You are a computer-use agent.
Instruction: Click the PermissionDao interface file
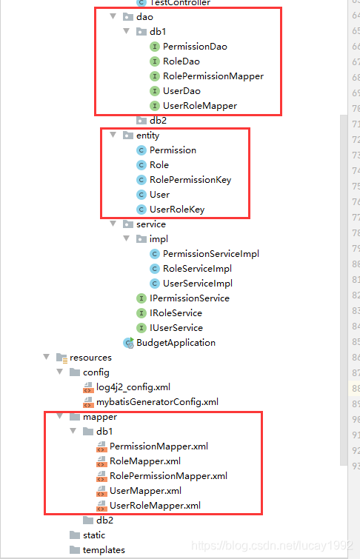[x=194, y=47]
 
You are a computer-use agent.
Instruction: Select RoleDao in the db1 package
[x=181, y=61]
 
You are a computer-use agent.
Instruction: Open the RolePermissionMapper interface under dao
[x=213, y=76]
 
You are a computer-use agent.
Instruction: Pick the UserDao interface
[x=181, y=91]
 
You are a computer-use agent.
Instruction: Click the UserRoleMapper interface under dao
[x=199, y=106]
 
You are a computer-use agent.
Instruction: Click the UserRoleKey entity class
[x=176, y=210]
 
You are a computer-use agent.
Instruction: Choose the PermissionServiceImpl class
[x=210, y=254]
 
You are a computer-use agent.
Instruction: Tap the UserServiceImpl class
[x=197, y=284]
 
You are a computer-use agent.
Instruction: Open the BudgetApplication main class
[x=176, y=343]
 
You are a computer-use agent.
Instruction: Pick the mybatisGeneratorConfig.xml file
[x=157, y=402]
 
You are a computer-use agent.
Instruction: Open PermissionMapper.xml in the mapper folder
[x=159, y=446]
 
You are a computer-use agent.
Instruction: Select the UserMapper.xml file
[x=145, y=491]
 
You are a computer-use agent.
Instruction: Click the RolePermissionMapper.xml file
[x=168, y=476]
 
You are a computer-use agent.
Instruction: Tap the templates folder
[x=103, y=550]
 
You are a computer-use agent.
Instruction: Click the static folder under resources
[x=93, y=535]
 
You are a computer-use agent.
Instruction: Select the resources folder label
[x=90, y=358]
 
